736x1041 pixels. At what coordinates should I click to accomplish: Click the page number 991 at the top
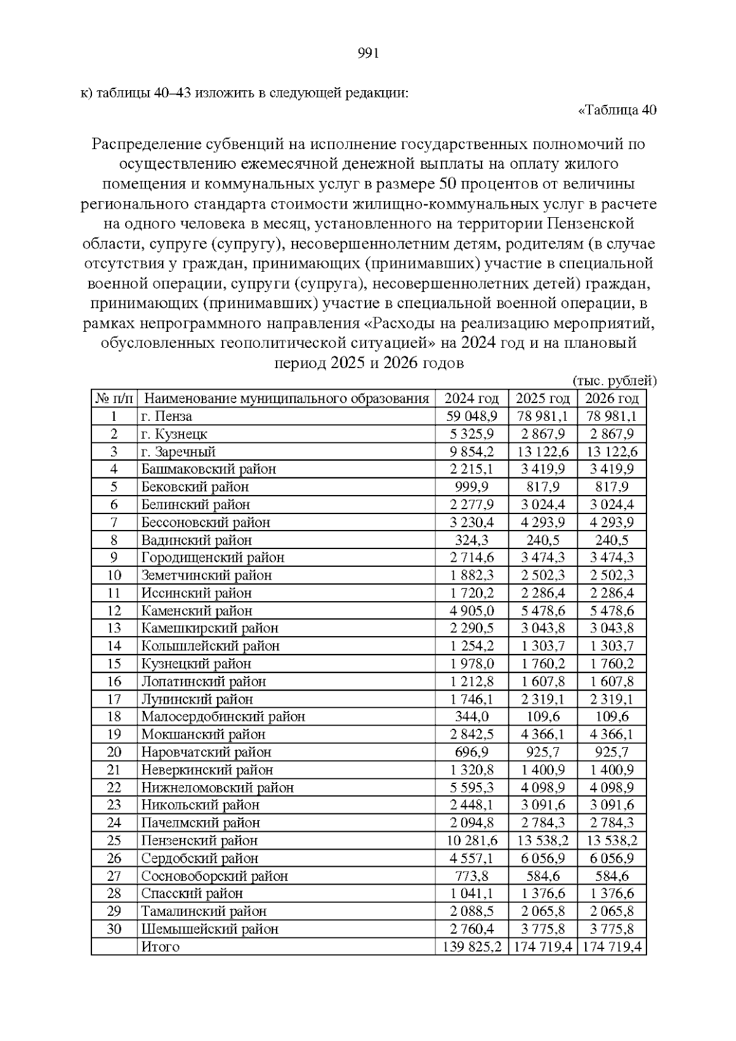coord(369,53)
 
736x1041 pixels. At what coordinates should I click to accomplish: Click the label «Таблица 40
coord(617,110)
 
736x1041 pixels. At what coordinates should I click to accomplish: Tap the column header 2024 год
coord(471,399)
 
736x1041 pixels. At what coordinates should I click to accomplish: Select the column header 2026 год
coord(611,399)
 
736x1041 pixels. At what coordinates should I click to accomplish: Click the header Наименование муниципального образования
coord(286,399)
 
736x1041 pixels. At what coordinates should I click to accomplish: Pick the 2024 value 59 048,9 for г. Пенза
coord(471,417)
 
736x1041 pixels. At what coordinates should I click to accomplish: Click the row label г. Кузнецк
coord(174,434)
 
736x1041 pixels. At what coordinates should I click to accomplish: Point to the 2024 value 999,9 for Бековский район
coord(471,487)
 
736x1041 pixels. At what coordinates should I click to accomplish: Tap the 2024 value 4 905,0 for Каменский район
coord(471,611)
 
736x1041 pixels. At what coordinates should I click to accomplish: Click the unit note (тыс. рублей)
coord(614,381)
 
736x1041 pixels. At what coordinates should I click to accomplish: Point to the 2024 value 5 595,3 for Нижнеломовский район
coord(471,788)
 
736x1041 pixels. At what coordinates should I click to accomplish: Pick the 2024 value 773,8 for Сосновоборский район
coord(471,876)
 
